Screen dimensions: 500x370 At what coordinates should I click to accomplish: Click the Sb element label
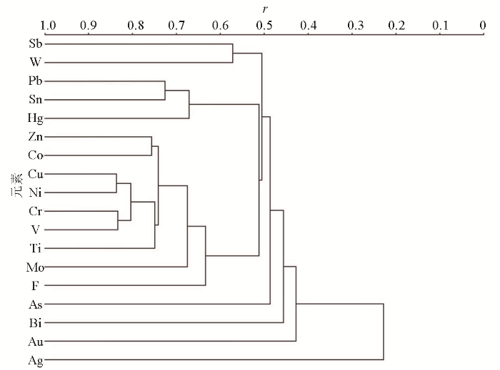pyautogui.click(x=36, y=43)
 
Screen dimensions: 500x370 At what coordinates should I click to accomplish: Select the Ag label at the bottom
pyautogui.click(x=36, y=361)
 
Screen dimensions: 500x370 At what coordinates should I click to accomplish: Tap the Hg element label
pyautogui.click(x=36, y=118)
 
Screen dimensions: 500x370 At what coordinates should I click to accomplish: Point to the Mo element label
pyautogui.click(x=35, y=267)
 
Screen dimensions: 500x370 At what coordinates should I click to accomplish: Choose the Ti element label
pyautogui.click(x=36, y=248)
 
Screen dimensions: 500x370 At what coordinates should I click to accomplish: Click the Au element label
pyautogui.click(x=36, y=341)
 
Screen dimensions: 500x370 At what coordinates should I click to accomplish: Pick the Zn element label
pyautogui.click(x=36, y=137)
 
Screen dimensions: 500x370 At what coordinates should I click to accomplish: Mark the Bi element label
pyautogui.click(x=36, y=323)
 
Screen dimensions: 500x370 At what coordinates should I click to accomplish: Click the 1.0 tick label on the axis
pyautogui.click(x=49, y=26)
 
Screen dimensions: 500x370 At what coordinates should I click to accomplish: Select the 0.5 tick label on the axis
pyautogui.click(x=264, y=26)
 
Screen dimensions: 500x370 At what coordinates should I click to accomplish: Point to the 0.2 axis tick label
pyautogui.click(x=396, y=26)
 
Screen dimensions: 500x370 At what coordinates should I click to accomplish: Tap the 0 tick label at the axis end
pyautogui.click(x=483, y=26)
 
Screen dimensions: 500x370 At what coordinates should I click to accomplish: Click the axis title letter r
pyautogui.click(x=264, y=9)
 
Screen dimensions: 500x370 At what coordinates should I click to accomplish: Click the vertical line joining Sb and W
pyautogui.click(x=233, y=53)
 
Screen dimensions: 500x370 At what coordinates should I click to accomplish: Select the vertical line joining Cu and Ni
pyautogui.click(x=116, y=183)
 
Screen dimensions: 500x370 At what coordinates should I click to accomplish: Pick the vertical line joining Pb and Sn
pyautogui.click(x=165, y=91)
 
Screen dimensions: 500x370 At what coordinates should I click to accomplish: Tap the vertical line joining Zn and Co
pyautogui.click(x=151, y=146)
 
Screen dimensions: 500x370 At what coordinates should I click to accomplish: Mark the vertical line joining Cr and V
pyautogui.click(x=118, y=220)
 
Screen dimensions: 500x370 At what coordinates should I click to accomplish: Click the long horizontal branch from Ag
pyautogui.click(x=214, y=360)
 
